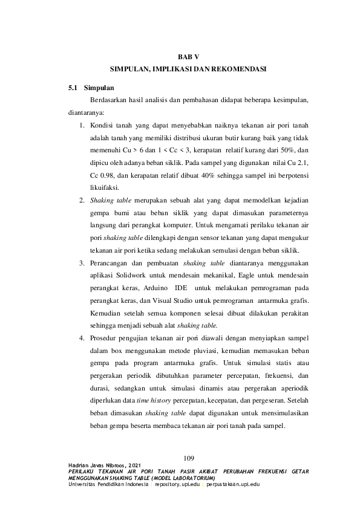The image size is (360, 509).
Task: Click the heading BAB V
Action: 180,57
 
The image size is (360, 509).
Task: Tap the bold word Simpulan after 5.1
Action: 99,88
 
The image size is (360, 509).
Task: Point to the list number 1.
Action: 81,126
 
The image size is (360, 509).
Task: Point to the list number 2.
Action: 81,199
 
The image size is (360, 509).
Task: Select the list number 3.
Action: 81,263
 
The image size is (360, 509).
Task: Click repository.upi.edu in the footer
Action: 177,485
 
